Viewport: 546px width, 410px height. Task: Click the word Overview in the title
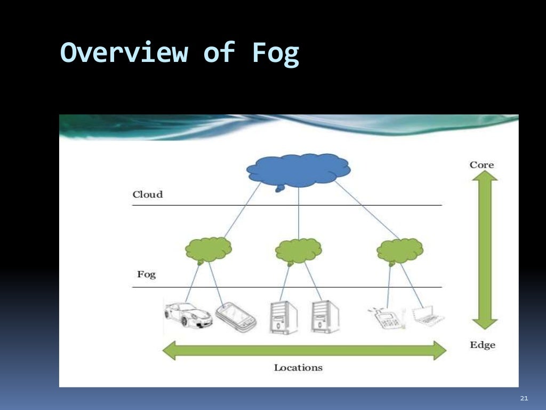124,53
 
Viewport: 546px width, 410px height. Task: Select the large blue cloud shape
298,170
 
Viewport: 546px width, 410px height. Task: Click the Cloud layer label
148,194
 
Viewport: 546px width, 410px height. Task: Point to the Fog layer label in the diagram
146,275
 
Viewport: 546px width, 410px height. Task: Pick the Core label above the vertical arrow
481,164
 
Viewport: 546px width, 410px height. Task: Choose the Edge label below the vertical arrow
482,345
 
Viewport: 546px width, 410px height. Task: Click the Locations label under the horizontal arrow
298,367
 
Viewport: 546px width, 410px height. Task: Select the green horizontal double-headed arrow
303,350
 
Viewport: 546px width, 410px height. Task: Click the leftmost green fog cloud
208,249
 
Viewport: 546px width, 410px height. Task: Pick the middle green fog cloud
299,250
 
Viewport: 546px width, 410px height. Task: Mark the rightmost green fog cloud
400,249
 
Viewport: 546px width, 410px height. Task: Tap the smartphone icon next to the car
236,317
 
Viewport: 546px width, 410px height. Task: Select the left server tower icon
283,318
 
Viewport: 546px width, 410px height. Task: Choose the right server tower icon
325,318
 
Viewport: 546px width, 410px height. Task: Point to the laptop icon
429,316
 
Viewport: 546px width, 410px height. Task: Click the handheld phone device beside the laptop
387,319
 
